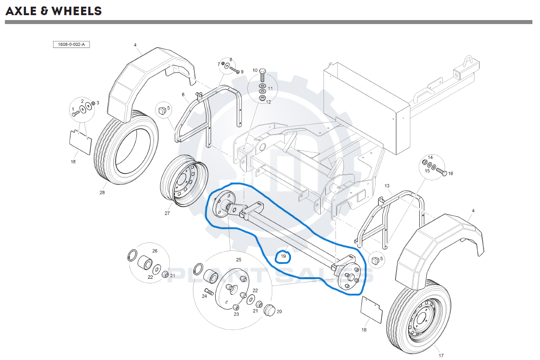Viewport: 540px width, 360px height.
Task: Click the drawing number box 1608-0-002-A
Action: pos(71,44)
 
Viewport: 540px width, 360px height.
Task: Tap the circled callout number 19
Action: pos(283,257)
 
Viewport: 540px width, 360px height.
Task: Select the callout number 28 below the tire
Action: pos(102,192)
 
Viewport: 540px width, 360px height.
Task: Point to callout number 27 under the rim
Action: pos(167,213)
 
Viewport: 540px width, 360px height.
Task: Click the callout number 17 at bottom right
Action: pos(441,356)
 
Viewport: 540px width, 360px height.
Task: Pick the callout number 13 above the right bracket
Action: pos(387,186)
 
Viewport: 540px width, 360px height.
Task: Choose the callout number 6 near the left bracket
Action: pos(183,94)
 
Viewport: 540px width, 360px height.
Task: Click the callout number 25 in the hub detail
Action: pos(238,259)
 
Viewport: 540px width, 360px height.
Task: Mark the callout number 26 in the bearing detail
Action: pos(155,251)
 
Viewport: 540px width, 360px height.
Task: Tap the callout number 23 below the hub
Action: pos(236,314)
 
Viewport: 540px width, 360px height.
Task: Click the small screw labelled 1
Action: pos(76,114)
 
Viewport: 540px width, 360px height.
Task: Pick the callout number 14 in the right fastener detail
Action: pos(430,158)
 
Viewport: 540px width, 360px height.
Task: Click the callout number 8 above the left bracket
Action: pos(231,59)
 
